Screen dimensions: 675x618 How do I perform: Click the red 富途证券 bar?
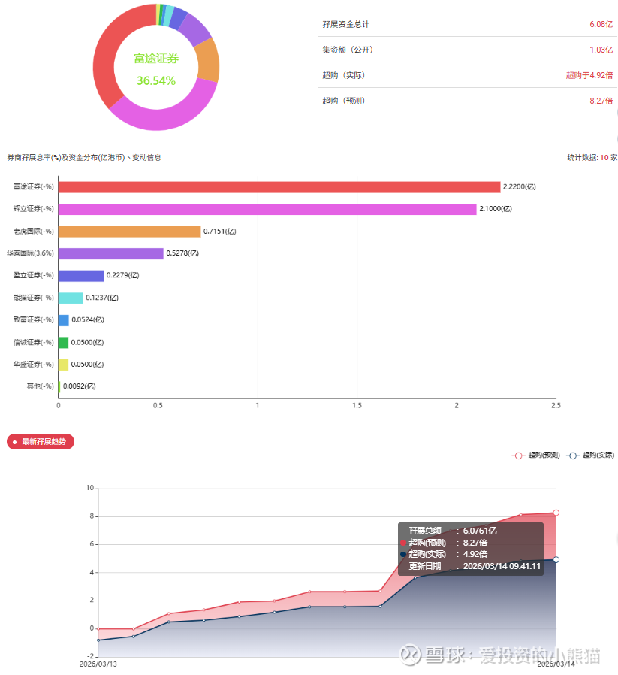(279, 186)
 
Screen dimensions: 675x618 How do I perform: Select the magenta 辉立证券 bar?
(267, 209)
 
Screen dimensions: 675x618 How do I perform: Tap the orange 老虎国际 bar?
(129, 232)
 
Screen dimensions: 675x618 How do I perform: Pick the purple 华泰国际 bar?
(110, 253)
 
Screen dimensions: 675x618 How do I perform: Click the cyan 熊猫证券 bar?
(71, 298)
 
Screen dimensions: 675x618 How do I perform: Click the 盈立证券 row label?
(34, 276)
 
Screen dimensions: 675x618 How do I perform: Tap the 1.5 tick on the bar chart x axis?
(357, 406)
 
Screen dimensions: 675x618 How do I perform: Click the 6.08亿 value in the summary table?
(601, 24)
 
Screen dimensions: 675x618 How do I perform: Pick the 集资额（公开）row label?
(348, 50)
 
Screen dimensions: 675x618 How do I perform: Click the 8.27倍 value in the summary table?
(601, 101)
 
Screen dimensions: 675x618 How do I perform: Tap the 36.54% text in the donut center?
(156, 80)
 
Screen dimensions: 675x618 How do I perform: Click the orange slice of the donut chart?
(207, 60)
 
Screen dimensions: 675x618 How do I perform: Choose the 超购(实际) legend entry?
(590, 455)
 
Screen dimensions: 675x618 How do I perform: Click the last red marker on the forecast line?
(556, 513)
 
